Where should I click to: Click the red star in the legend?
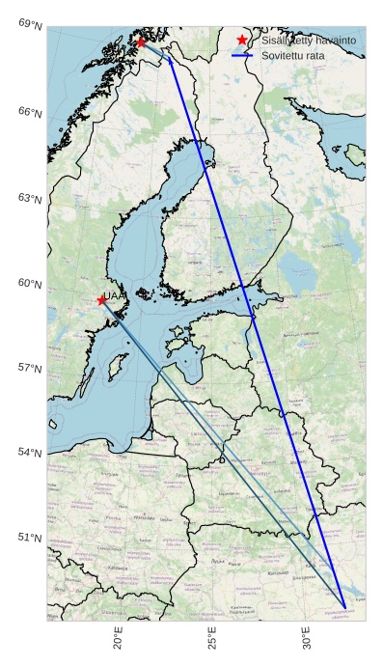point(242,41)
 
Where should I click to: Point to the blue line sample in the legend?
point(242,57)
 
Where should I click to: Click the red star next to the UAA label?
point(101,300)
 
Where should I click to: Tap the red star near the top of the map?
point(142,42)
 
